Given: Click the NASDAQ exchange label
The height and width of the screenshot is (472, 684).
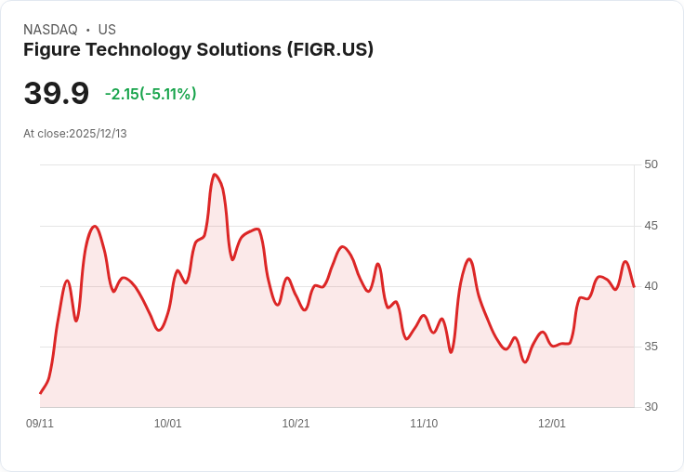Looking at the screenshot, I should click(x=50, y=30).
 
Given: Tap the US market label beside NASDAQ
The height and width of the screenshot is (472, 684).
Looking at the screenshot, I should click(x=107, y=30).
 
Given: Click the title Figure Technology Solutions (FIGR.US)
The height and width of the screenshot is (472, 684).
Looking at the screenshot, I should click(x=198, y=49).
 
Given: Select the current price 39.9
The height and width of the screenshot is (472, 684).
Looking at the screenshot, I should click(x=56, y=94).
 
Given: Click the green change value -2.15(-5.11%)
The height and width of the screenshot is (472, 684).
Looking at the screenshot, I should click(x=151, y=94).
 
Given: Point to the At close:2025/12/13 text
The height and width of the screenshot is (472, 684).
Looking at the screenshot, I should click(x=75, y=134).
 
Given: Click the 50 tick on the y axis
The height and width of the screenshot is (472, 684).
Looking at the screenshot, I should click(x=651, y=164).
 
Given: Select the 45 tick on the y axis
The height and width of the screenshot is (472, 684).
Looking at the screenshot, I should click(x=651, y=226).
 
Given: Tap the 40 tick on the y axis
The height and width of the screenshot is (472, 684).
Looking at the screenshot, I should click(x=651, y=286).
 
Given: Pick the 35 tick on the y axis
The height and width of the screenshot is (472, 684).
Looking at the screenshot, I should click(x=651, y=347).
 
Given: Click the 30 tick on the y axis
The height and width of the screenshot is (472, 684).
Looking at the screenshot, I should click(x=651, y=407).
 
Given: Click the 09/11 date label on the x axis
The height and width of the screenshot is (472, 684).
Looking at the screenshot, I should click(x=40, y=424).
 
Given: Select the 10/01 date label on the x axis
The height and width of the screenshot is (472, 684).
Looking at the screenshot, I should click(x=168, y=424).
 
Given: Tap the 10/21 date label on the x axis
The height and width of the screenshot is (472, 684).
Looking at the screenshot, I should click(x=296, y=424).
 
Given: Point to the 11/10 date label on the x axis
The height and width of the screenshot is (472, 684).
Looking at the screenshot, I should click(x=424, y=424).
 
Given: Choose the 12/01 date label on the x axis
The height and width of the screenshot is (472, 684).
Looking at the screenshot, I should click(x=552, y=424).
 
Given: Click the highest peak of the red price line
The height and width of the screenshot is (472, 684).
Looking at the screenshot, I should click(x=215, y=175).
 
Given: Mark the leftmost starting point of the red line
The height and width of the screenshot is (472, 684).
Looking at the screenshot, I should click(x=40, y=393).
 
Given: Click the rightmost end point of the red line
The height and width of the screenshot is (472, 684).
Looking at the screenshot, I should click(x=634, y=286).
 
